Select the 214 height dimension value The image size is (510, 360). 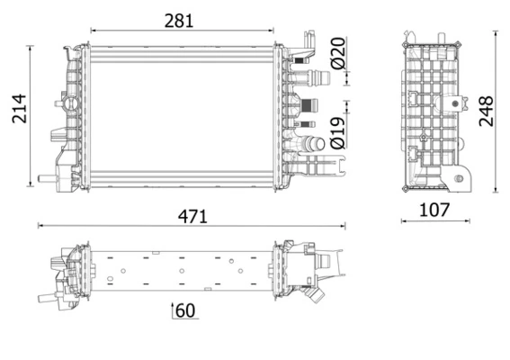[15, 110]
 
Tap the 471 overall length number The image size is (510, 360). [192, 216]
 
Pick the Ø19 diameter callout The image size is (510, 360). [337, 131]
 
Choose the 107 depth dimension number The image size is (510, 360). [434, 211]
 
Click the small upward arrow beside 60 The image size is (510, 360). [171, 310]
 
